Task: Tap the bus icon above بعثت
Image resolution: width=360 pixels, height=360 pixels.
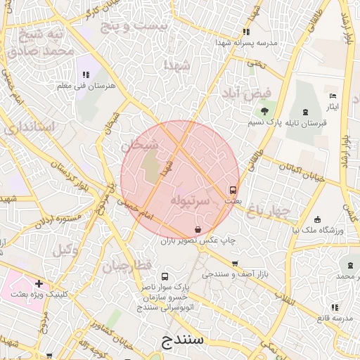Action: point(233,189)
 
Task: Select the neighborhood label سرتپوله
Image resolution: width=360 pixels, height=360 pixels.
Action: point(189,200)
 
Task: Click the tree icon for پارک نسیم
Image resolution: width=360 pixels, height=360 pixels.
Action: point(264,111)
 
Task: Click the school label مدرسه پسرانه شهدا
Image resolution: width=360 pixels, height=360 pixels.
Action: point(249,42)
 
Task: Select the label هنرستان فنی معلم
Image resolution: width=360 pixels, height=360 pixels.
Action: point(86,85)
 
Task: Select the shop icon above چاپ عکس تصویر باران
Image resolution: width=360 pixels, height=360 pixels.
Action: point(198,229)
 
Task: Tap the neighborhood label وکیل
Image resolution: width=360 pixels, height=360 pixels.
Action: point(65,248)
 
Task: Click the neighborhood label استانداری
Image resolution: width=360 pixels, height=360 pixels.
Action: point(29,128)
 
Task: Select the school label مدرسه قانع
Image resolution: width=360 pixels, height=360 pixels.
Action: point(333,318)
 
